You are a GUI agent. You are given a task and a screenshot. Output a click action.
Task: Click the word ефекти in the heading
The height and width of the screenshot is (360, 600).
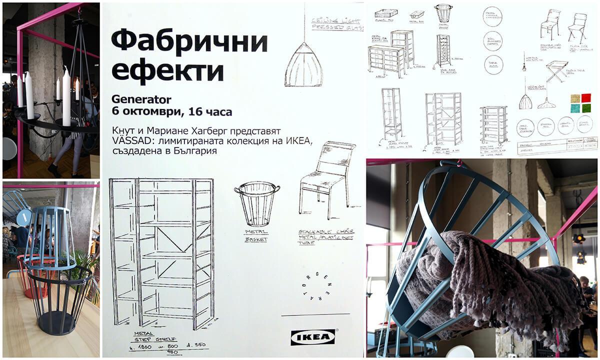pos(167,70)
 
